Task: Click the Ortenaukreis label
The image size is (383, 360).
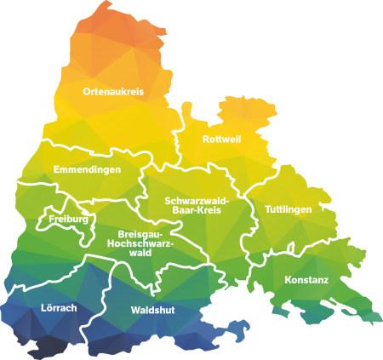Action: [x=113, y=91]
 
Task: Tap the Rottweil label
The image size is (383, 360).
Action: [x=222, y=139]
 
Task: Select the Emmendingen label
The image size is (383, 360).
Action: [x=87, y=170]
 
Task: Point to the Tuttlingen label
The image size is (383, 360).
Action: [x=288, y=209]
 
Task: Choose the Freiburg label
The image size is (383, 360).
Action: [x=68, y=220]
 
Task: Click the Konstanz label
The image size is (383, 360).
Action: [x=306, y=280]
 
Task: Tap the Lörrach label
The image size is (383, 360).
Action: [x=59, y=307]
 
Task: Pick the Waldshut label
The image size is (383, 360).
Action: [x=153, y=311]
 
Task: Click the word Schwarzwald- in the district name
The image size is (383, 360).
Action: [x=197, y=201]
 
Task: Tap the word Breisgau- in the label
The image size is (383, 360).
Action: [x=140, y=234]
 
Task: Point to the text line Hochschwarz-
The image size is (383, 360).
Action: [x=140, y=243]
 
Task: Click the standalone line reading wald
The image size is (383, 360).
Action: [x=140, y=253]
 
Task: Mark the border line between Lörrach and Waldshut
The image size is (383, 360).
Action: [x=106, y=306]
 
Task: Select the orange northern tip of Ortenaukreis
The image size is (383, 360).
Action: [x=119, y=26]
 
